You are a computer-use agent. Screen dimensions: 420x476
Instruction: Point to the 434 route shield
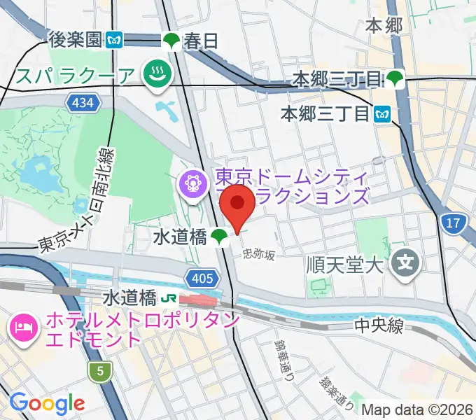click(80, 104)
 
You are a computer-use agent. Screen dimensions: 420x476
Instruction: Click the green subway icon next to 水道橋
click(220, 238)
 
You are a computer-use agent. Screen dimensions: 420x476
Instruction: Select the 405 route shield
click(201, 279)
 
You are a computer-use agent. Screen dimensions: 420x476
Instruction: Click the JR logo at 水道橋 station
click(169, 298)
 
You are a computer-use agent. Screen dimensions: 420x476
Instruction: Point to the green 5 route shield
click(101, 372)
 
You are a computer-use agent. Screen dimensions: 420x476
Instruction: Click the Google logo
click(47, 403)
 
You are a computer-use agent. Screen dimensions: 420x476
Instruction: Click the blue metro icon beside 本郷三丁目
click(382, 112)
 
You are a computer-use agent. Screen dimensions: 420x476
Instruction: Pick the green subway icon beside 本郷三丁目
click(397, 78)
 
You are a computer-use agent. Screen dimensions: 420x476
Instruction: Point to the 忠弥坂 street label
click(259, 255)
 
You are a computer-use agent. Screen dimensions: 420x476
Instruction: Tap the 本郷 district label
click(384, 26)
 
